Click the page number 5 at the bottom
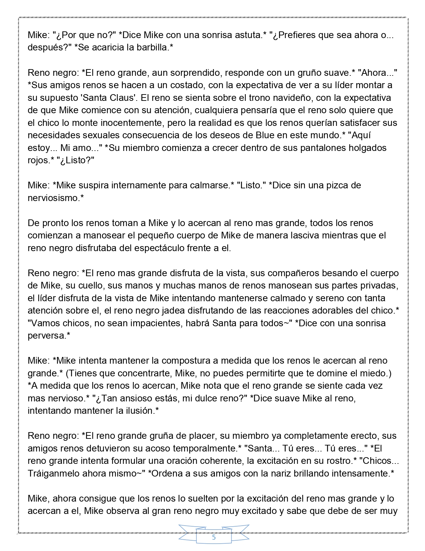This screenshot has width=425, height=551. (214, 538)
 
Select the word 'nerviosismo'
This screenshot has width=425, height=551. (54, 198)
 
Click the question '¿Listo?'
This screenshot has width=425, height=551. (75, 160)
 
